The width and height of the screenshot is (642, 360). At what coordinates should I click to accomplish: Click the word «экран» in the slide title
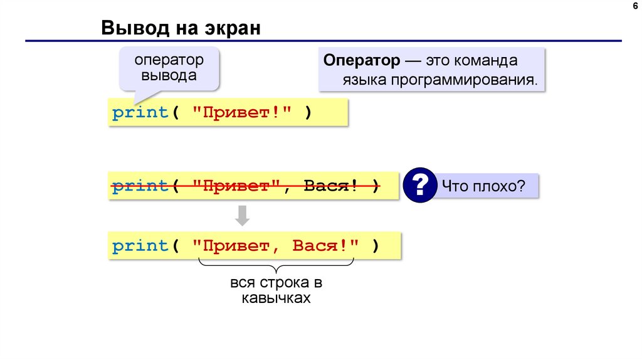[231, 28]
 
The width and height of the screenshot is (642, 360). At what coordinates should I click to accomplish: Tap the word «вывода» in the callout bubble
[169, 76]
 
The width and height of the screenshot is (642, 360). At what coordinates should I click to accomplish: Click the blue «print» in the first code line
[141, 114]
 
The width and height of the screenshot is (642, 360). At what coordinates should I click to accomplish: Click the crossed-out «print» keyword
[141, 186]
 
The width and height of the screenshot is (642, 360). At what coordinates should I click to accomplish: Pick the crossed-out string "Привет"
[236, 186]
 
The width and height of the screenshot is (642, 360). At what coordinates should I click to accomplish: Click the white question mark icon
[419, 185]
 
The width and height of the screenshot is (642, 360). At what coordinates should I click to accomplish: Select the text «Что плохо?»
[483, 186]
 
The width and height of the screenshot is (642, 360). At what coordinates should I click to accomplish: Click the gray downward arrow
[243, 216]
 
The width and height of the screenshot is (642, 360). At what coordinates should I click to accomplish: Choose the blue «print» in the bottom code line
[141, 246]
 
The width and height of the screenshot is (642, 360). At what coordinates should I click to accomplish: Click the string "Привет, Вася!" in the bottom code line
[278, 246]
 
